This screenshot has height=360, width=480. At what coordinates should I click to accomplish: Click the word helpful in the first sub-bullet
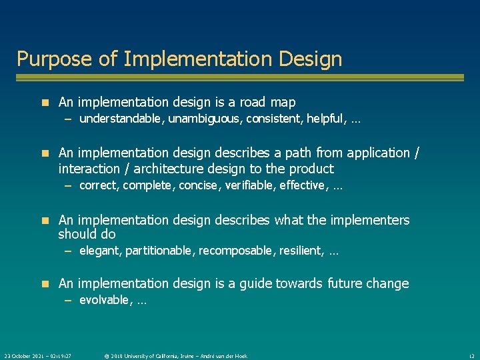pyautogui.click(x=321, y=119)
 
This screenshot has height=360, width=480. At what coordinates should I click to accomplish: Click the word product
pyautogui.click(x=311, y=169)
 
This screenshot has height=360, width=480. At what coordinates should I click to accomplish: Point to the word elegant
pyautogui.click(x=98, y=251)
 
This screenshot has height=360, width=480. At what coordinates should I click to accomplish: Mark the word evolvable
pyautogui.click(x=103, y=300)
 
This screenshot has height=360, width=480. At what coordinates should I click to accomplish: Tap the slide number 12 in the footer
pyautogui.click(x=471, y=356)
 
